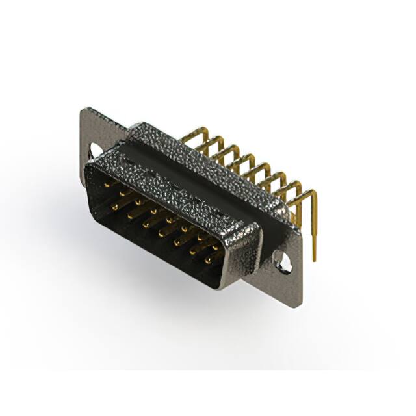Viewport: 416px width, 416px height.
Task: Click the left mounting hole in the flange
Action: (x=96, y=150)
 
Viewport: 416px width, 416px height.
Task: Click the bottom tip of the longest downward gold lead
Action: (x=315, y=259)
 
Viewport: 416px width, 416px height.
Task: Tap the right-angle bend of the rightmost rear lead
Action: (x=313, y=194)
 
